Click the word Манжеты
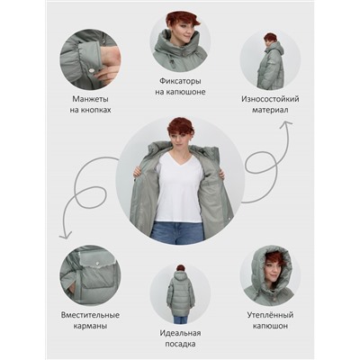90,99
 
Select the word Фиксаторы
180,81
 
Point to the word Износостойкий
270,99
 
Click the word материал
270,110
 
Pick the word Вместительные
90,315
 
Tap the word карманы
90,326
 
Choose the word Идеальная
180,333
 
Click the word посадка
180,344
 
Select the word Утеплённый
270,315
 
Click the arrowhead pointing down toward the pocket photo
66,235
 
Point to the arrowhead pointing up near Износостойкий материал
285,123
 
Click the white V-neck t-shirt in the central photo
179,186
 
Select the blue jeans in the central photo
177,232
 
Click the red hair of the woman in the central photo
179,128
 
